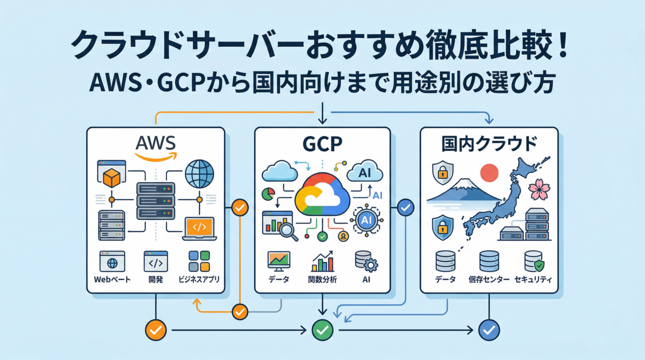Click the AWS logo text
[156, 143]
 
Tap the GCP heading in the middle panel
[322, 144]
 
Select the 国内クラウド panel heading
[489, 144]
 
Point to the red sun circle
[489, 173]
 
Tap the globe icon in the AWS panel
[199, 174]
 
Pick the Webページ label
[112, 279]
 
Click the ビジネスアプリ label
[199, 279]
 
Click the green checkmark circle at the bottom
[322, 330]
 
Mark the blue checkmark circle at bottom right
[489, 330]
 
